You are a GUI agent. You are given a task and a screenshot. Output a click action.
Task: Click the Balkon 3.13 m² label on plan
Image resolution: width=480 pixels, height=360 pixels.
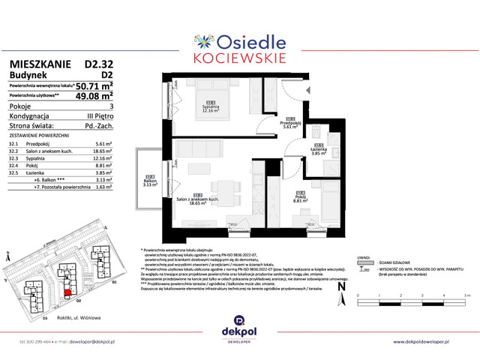[149, 181]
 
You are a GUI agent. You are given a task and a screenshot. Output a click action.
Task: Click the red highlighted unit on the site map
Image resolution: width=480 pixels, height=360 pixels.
[67, 293]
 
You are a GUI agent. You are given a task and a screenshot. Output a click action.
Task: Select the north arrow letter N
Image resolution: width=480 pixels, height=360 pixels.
[341, 286]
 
